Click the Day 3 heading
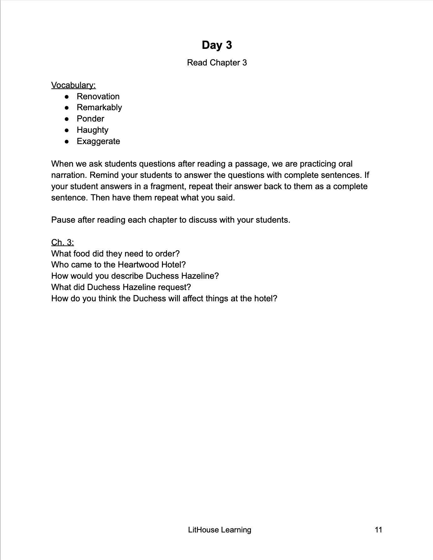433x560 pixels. (217, 45)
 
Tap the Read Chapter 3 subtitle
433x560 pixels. (217, 63)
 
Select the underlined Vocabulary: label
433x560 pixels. (73, 85)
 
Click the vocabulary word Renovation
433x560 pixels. (98, 96)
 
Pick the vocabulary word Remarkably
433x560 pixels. (99, 107)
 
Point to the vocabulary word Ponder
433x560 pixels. (90, 119)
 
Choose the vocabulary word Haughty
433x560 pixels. (92, 130)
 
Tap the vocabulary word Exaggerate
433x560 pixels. (98, 141)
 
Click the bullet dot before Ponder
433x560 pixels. (66, 119)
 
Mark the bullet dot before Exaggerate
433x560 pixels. (66, 142)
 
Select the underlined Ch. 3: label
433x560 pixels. (62, 242)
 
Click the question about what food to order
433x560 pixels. (115, 254)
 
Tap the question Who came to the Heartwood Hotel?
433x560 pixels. (118, 265)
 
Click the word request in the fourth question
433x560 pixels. (173, 287)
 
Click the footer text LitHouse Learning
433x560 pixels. (220, 530)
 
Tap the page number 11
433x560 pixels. (378, 530)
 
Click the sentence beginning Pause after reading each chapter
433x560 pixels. (171, 220)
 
